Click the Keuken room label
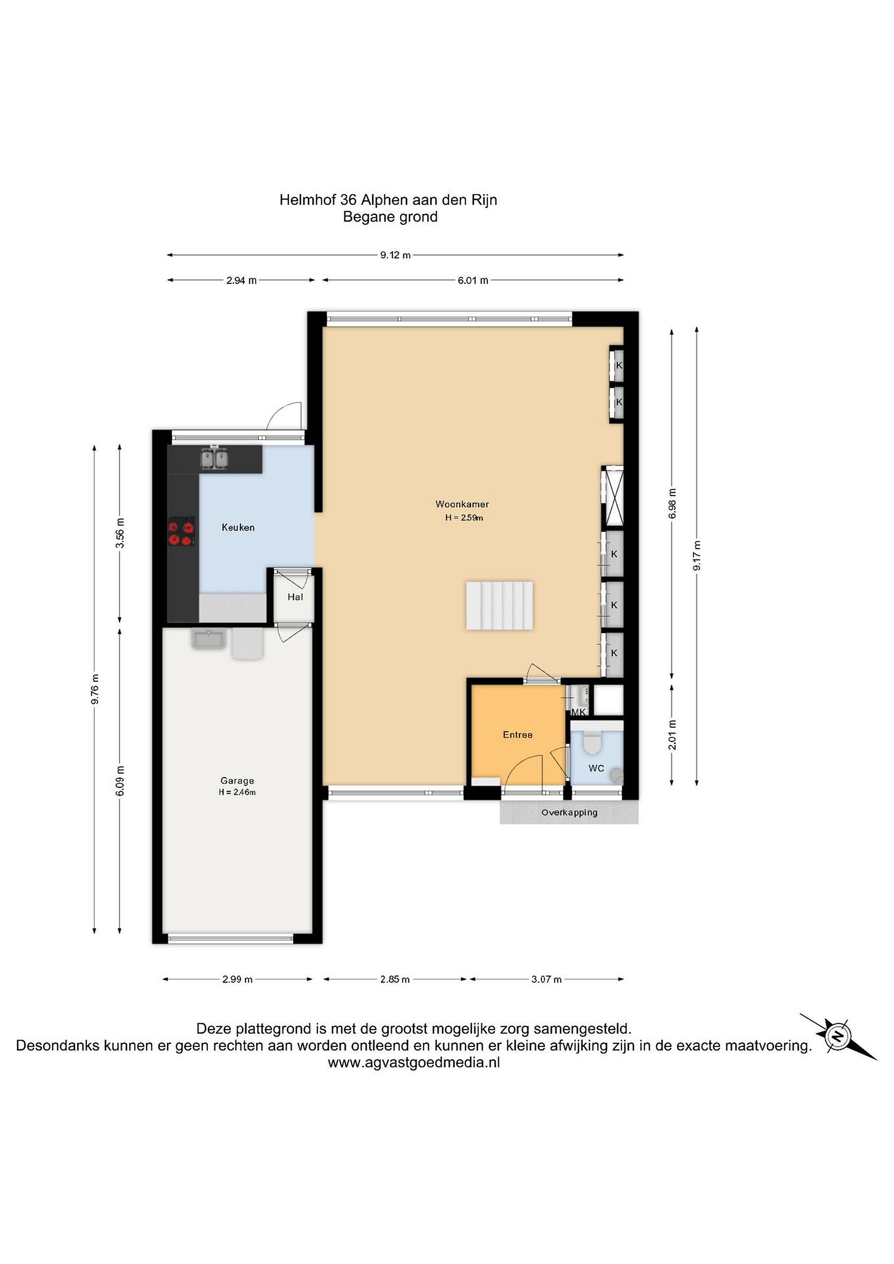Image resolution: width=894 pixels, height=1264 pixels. click(x=238, y=528)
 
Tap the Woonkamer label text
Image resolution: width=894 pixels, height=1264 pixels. click(x=462, y=504)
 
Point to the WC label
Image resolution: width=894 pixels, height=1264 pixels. click(x=596, y=768)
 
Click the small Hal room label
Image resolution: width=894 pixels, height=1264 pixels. click(x=295, y=597)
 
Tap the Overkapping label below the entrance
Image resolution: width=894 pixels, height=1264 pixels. click(x=569, y=812)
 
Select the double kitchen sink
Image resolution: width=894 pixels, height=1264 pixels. click(x=214, y=459)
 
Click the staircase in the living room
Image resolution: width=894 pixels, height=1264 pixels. click(x=499, y=605)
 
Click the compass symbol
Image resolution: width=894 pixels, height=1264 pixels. click(x=838, y=1037)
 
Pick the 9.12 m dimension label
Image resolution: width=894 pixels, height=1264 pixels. click(x=395, y=255)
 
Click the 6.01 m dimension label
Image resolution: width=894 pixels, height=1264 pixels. click(x=473, y=280)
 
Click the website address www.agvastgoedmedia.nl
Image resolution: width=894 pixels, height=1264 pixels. click(x=414, y=1063)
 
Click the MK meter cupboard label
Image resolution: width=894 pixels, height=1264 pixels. click(x=578, y=712)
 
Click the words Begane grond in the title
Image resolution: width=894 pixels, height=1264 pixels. click(x=390, y=217)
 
